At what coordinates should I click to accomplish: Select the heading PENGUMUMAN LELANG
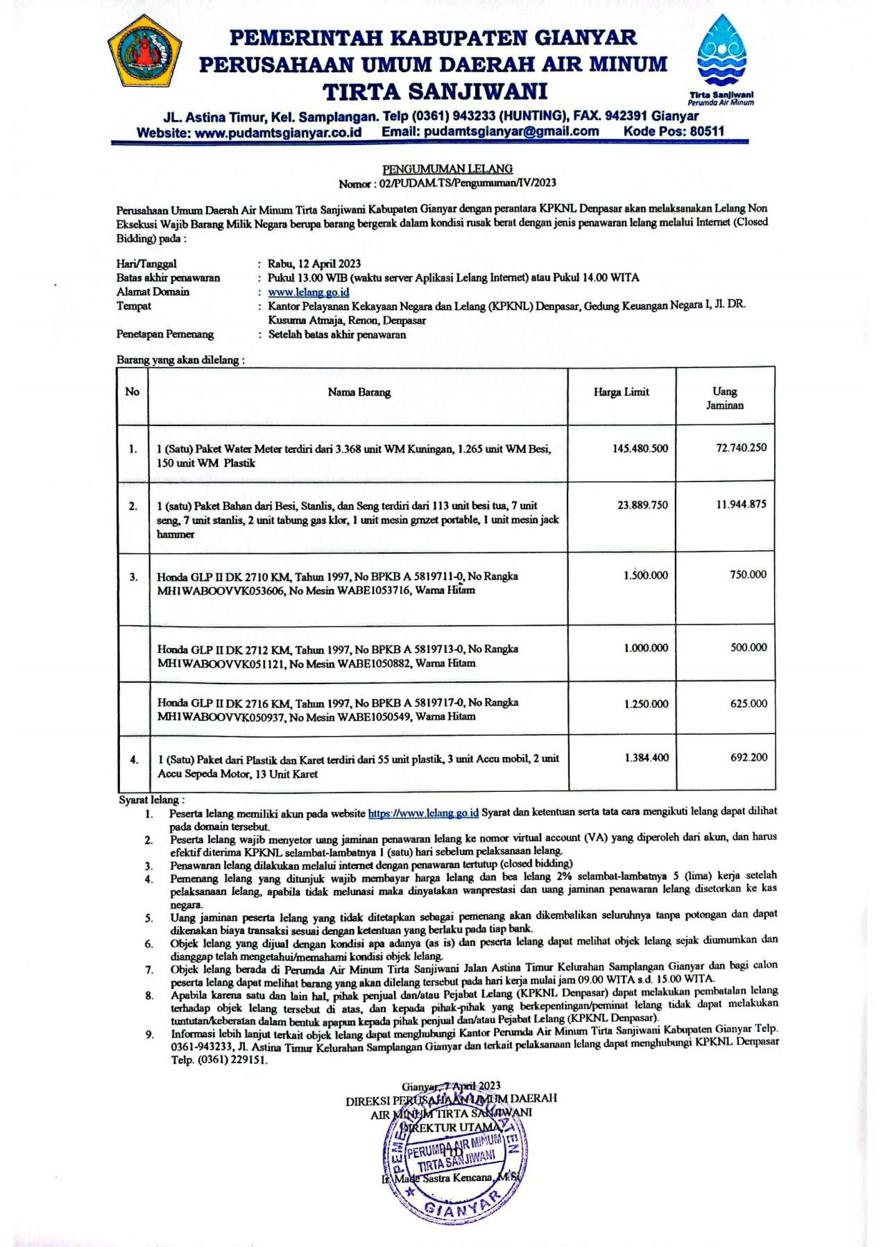[x=447, y=169]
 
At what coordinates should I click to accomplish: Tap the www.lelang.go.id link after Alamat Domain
[x=309, y=292]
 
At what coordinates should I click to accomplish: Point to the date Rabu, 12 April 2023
[x=314, y=264]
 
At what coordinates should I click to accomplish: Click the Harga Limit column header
[x=621, y=392]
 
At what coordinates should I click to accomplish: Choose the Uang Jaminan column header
[x=725, y=398]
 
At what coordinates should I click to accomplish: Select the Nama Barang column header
[x=359, y=392]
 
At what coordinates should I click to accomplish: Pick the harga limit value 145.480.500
[x=640, y=448]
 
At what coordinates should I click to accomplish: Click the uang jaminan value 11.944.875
[x=741, y=504]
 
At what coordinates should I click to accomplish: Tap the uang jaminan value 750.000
[x=748, y=575]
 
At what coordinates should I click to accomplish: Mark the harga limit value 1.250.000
[x=646, y=704]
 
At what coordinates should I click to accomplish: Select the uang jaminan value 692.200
[x=749, y=757]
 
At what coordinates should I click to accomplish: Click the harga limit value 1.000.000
[x=646, y=647]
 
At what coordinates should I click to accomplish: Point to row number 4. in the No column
[x=134, y=760]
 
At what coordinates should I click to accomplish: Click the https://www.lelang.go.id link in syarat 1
[x=422, y=813]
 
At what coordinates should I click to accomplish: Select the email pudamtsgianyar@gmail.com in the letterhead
[x=511, y=131]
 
